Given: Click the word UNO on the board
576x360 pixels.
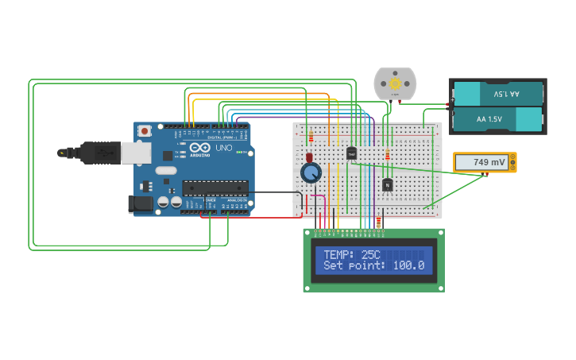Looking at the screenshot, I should tap(224, 148).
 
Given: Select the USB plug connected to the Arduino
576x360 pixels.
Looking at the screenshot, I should tap(99, 153).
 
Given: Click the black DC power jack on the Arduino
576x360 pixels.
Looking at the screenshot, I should tap(141, 204).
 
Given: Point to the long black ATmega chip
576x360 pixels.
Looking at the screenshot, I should tap(215, 188).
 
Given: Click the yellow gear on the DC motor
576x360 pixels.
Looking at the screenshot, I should tap(395, 83).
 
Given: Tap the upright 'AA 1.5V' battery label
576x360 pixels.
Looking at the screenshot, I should tap(489, 119).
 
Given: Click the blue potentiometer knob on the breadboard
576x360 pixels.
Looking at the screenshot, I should tap(311, 172).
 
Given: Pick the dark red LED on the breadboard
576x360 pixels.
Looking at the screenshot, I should tap(309, 157).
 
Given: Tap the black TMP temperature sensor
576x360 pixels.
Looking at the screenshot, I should tap(351, 153).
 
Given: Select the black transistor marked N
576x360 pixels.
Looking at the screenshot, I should tap(387, 185).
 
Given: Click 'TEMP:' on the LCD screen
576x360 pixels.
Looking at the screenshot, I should tap(340, 255).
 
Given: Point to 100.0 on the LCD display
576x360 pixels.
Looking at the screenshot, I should tap(409, 265).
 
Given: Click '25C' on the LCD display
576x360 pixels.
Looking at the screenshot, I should tap(371, 255).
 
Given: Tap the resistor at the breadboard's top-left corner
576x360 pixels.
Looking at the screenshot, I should tap(311, 137).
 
